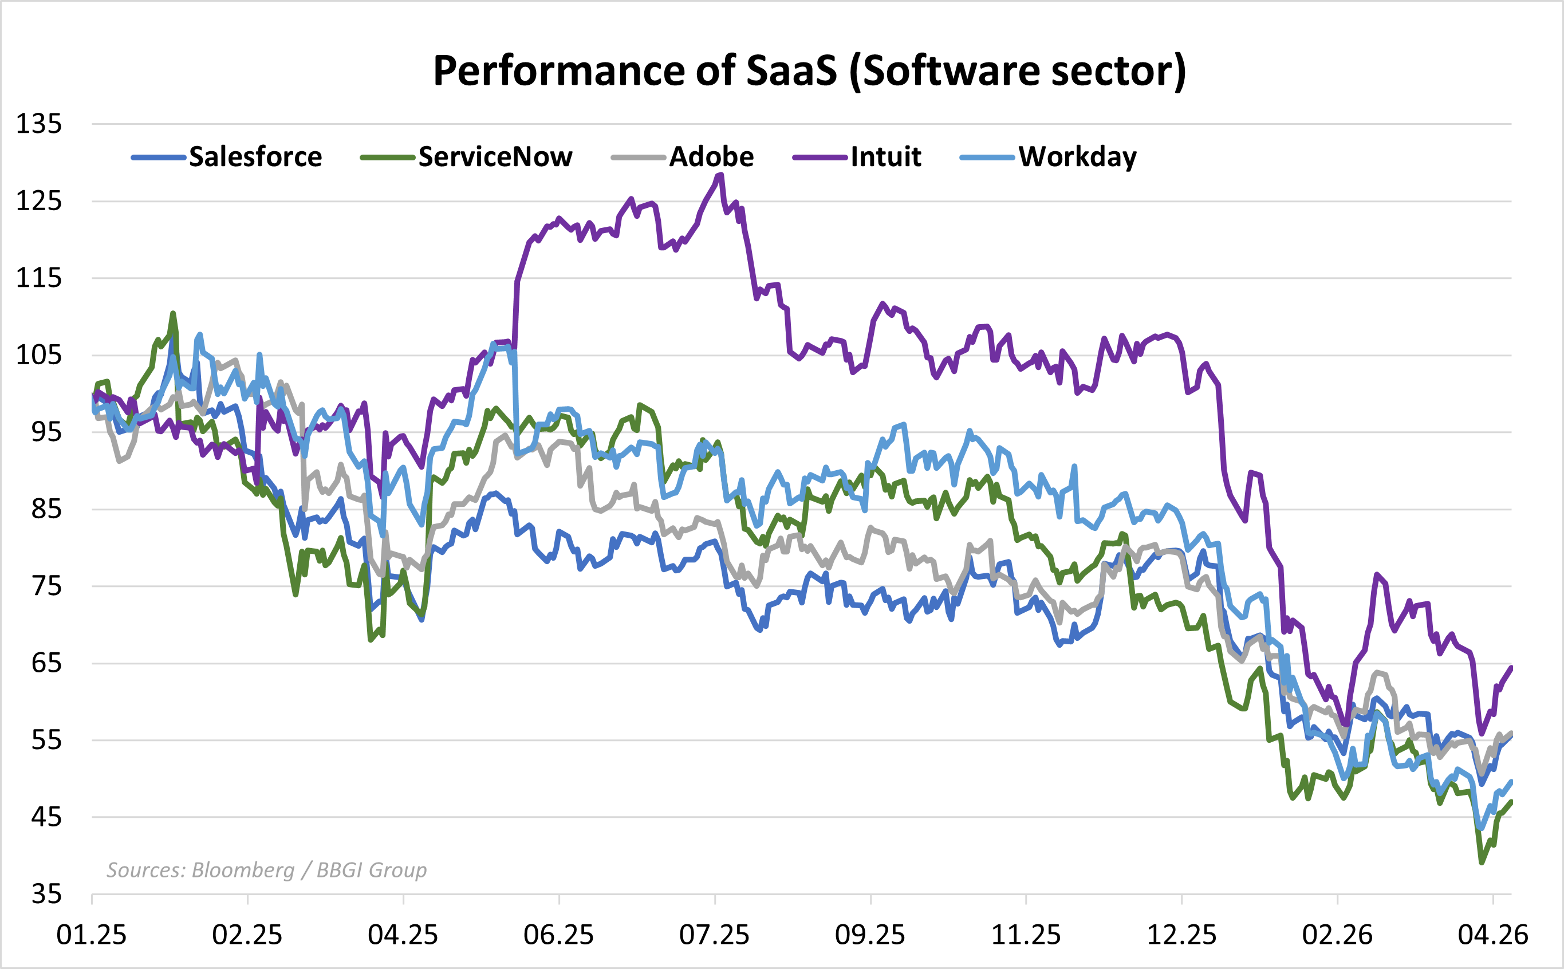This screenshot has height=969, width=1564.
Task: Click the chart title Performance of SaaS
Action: click(x=809, y=70)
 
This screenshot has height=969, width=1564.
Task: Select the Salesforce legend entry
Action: click(x=255, y=157)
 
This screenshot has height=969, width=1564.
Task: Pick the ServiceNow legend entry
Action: click(x=495, y=157)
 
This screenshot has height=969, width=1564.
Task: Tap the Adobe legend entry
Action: click(x=711, y=157)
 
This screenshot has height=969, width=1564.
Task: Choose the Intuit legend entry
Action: click(x=885, y=157)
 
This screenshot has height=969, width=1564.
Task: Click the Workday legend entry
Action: click(x=1077, y=157)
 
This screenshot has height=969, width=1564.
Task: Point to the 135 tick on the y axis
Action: click(x=38, y=124)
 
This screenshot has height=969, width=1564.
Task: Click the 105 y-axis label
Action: click(x=38, y=355)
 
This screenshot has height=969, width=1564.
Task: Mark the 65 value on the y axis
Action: click(x=46, y=663)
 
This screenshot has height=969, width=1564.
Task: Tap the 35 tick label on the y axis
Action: click(x=46, y=894)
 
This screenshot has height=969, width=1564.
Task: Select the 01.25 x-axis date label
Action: click(x=92, y=935)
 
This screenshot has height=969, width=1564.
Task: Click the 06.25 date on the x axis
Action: click(x=559, y=935)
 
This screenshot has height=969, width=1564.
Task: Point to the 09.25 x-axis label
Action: click(x=870, y=935)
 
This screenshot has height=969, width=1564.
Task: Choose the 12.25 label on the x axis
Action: click(x=1181, y=935)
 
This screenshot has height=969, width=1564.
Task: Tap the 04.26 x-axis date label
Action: click(x=1493, y=935)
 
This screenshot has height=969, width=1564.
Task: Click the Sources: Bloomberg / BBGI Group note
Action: click(x=266, y=870)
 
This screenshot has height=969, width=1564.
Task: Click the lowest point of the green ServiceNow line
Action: click(x=1482, y=862)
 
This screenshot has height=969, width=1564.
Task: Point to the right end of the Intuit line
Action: click(x=1511, y=668)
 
